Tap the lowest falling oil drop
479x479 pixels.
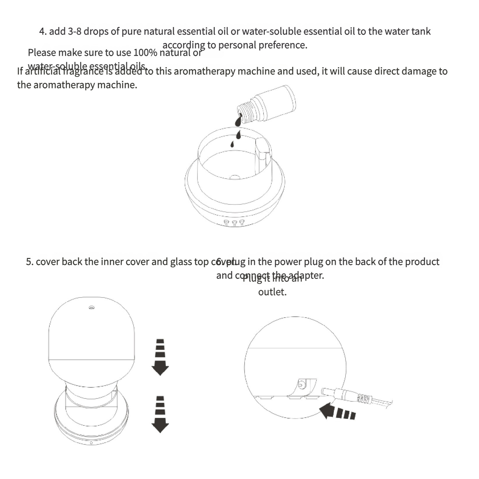coord(232,144)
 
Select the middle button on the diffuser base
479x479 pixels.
coord(234,223)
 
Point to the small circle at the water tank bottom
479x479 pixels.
coord(234,177)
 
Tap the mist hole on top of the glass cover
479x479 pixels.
coord(91,307)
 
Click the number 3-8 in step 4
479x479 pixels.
coord(75,31)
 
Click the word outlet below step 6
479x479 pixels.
coord(272,292)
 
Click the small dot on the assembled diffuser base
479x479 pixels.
coord(92,443)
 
